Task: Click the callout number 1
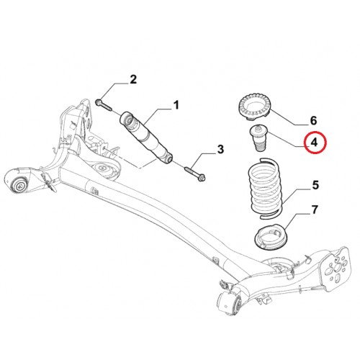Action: [x=176, y=105]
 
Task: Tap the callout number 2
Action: [x=133, y=79]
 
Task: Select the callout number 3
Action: [x=220, y=149]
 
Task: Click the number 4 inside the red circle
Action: [x=314, y=143]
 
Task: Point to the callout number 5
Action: [x=315, y=185]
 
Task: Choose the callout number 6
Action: [x=313, y=120]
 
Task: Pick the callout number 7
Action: [x=315, y=210]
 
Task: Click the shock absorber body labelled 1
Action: [x=145, y=138]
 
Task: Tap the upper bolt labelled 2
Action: [x=104, y=105]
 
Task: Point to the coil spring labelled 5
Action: [x=265, y=188]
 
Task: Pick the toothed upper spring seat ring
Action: [x=255, y=107]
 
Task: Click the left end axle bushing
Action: [x=19, y=184]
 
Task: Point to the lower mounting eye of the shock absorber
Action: [x=168, y=158]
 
